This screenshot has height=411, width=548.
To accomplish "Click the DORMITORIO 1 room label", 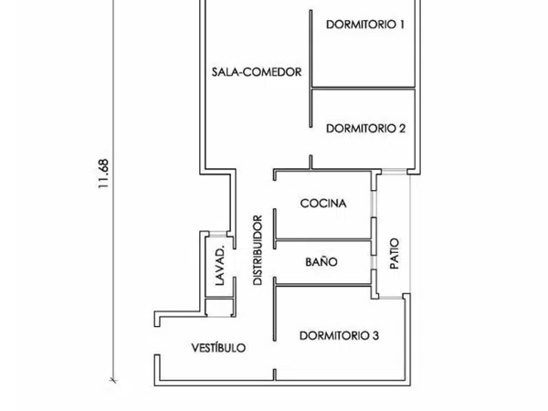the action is tap(365, 25).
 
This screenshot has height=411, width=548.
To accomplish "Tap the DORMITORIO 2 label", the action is tap(365, 129).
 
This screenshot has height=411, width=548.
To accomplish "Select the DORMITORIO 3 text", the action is tap(339, 335).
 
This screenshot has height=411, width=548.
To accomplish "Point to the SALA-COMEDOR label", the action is tap(257, 72).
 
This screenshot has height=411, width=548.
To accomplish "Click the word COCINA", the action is tap(323, 203).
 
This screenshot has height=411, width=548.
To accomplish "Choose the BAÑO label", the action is tap(321, 262).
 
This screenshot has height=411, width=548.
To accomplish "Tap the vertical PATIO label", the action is tap(395, 253).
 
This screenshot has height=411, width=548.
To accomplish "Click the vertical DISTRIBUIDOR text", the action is tap(258, 250).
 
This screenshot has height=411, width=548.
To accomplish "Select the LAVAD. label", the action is tap(219, 267).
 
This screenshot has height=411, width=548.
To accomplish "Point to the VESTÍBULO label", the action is tap(218, 347).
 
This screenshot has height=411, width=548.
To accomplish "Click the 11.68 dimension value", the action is tap(103, 174).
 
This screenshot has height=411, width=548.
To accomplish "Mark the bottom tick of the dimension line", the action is tap(113, 380).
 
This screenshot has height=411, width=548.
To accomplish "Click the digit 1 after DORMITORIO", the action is tap(402, 25).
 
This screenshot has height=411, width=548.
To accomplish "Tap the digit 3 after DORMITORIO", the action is tap(375, 335).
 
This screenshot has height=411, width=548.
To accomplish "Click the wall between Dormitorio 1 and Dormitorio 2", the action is tap(364, 88).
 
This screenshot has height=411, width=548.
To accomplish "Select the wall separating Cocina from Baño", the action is tap(323, 239).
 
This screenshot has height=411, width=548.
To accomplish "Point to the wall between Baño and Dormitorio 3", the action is tap(323, 286).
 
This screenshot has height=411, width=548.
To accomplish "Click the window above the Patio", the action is tap(394, 172).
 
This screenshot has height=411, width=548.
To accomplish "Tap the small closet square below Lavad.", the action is tap(219, 307).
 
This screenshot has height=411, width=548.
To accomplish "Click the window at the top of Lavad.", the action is tap(217, 234).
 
